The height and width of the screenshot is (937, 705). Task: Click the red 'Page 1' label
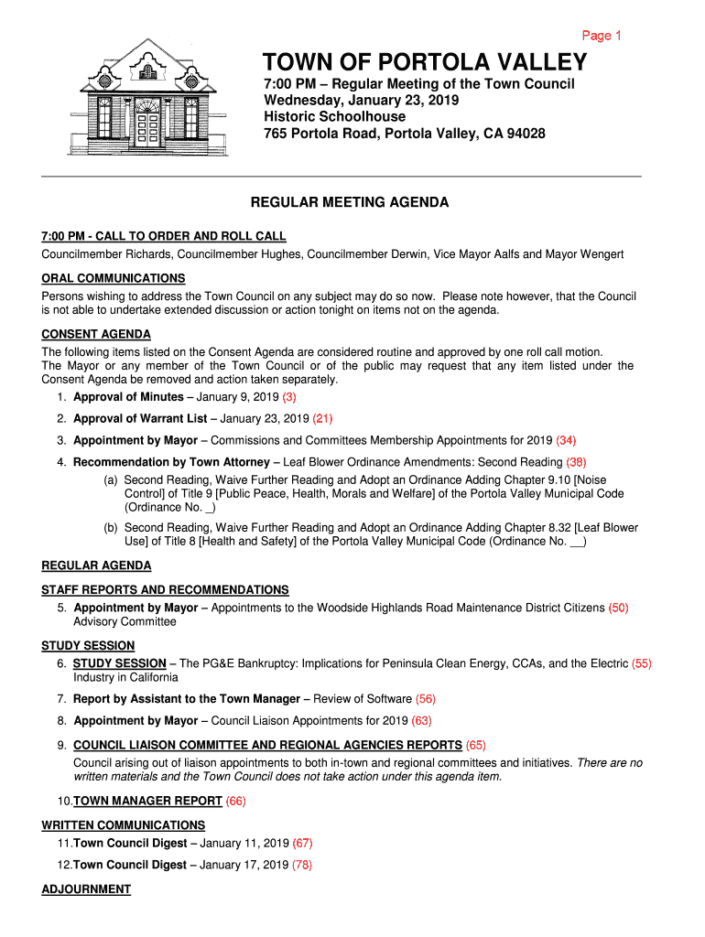coord(602,36)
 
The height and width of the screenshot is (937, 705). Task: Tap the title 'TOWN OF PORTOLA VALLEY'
coord(425,62)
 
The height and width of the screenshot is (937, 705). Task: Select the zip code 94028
coord(526,134)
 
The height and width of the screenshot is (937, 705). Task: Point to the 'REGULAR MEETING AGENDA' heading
coord(351,202)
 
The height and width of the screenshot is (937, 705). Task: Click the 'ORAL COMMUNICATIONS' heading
coord(114,278)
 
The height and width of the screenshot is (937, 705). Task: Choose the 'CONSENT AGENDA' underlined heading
coord(96,334)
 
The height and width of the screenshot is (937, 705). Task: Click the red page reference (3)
coord(289,397)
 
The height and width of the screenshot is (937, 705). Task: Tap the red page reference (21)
coord(322,419)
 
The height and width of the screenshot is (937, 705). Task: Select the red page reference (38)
coord(576,462)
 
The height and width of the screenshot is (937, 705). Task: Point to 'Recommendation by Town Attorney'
coord(171,462)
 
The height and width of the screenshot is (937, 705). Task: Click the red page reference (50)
coord(618,608)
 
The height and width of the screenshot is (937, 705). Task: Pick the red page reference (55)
coord(642,663)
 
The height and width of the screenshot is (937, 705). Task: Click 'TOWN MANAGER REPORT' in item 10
coord(147,801)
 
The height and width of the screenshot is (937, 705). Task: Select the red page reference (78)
coord(302,865)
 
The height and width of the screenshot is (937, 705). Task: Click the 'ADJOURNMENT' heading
coord(86,889)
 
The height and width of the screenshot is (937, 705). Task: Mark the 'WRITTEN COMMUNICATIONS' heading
coord(123,825)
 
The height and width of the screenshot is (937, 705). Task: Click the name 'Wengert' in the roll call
coord(600,253)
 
